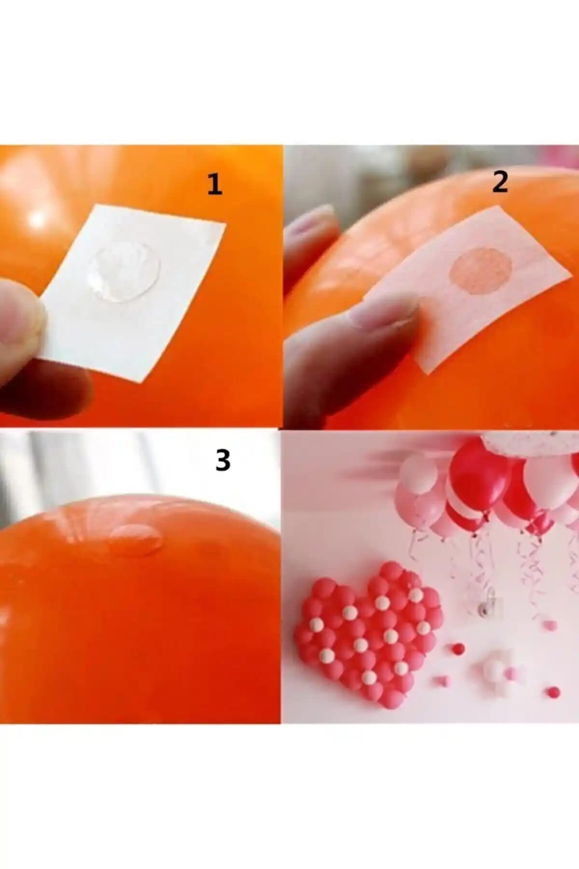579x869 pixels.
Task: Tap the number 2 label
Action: point(500,182)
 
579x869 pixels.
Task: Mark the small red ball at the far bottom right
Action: point(554,691)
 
